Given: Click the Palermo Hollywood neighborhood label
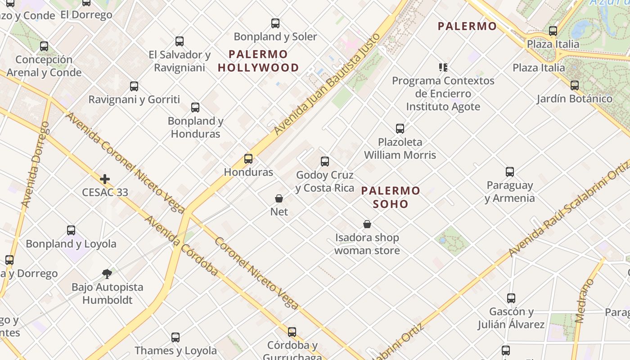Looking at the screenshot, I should pos(258,61).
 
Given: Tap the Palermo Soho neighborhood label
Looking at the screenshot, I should pos(391,197).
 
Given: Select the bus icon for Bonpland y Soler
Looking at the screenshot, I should pos(275,23).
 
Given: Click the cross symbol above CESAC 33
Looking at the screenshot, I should pos(105,179).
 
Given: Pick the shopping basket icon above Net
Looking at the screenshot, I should pos(279,198).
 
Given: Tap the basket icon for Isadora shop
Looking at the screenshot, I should pos(367,224).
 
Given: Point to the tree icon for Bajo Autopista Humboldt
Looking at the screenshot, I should pos(107,274).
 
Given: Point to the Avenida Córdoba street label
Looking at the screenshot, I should pos(181,246).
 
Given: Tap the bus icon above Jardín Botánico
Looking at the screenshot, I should pos(574,85).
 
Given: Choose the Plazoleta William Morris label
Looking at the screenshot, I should pos(400,148).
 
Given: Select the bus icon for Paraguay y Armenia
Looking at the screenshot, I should pos(509,172).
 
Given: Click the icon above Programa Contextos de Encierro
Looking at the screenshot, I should pos(443,67).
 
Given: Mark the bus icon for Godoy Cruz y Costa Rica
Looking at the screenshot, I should pos(325,162).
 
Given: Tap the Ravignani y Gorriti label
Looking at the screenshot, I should pos(134,99).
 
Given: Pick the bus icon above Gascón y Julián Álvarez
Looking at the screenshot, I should pos(511,298).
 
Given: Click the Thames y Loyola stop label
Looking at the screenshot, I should pos(175,351).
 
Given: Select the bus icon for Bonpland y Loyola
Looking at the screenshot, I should pos(71,230).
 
